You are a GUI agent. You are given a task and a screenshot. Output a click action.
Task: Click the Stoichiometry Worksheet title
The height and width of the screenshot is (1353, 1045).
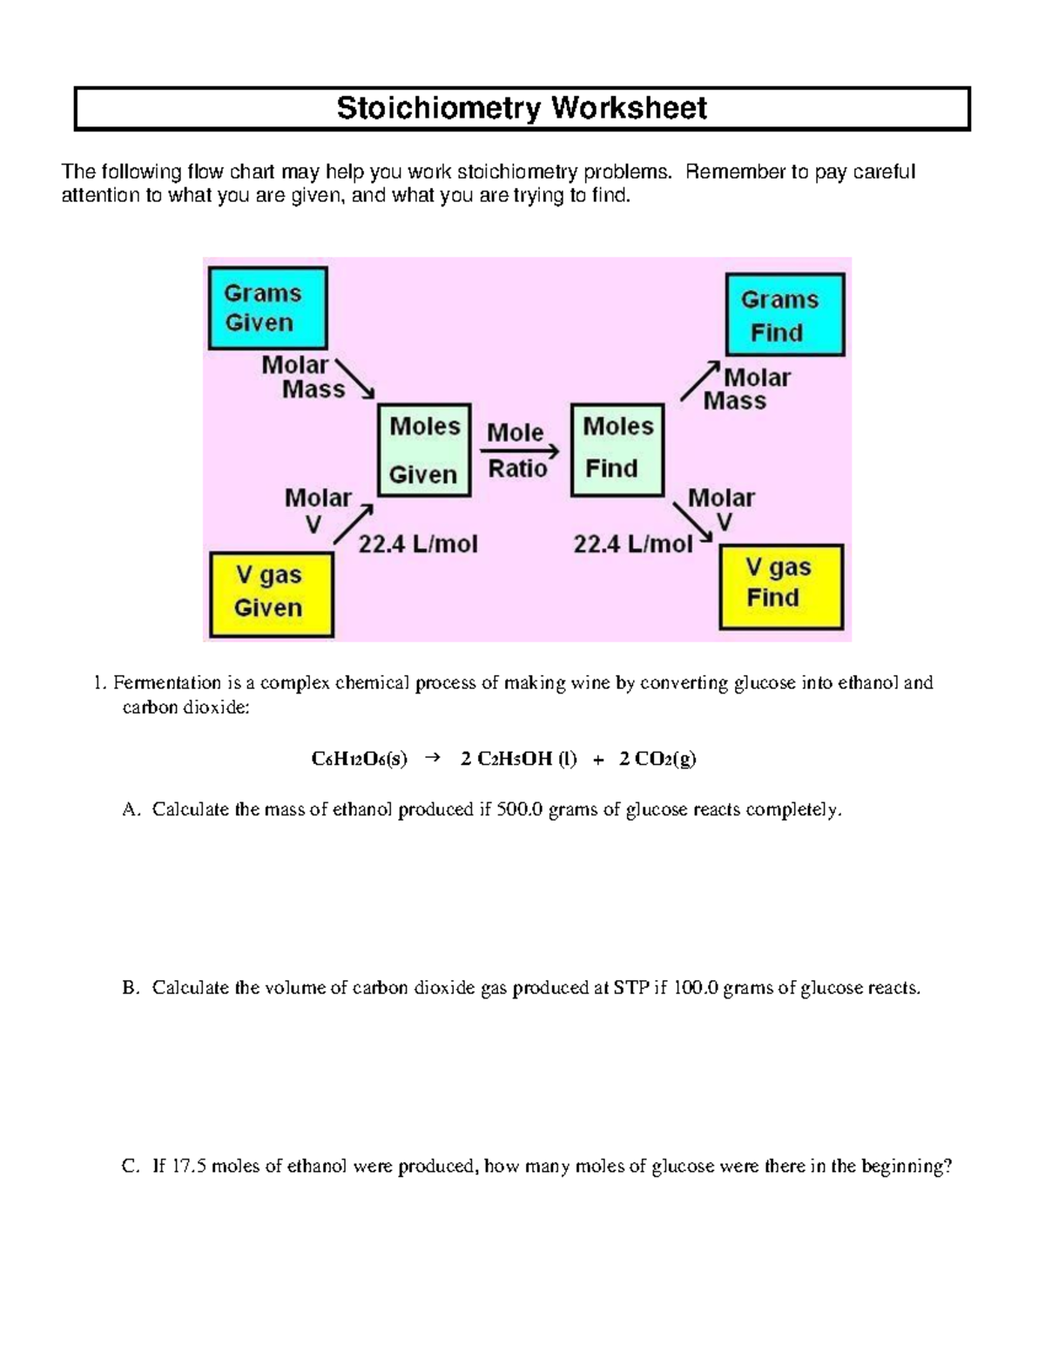coord(522,108)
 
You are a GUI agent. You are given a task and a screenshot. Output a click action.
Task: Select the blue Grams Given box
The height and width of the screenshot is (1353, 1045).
coord(267,308)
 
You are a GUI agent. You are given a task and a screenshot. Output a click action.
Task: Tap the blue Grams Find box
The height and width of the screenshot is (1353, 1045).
coord(785,315)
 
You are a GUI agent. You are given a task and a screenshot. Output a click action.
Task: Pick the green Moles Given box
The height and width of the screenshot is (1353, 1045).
coord(424,450)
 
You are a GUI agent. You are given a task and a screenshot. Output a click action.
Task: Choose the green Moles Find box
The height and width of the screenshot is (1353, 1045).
coord(617,450)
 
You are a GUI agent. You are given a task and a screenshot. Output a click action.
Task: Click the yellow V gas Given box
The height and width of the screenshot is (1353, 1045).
coord(272,592)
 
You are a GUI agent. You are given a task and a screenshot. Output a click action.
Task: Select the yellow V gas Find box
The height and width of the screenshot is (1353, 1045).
coord(781,586)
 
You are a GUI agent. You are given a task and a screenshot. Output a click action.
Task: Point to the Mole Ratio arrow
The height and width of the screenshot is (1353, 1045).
coord(520,451)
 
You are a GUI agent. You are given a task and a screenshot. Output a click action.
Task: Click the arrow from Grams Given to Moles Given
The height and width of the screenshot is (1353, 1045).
coord(355,380)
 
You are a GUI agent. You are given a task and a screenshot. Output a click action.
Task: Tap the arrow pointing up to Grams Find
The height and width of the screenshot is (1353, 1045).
coord(700,381)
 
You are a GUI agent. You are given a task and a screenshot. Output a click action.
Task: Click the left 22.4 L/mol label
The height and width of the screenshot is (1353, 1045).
coord(418,545)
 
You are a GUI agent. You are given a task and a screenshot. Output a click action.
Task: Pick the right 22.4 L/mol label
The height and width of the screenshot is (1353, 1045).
coord(633,545)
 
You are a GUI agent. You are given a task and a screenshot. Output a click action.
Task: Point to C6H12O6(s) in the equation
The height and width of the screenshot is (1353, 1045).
coord(359,759)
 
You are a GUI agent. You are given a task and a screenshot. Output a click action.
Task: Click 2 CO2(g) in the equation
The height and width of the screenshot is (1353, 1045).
coord(657,759)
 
